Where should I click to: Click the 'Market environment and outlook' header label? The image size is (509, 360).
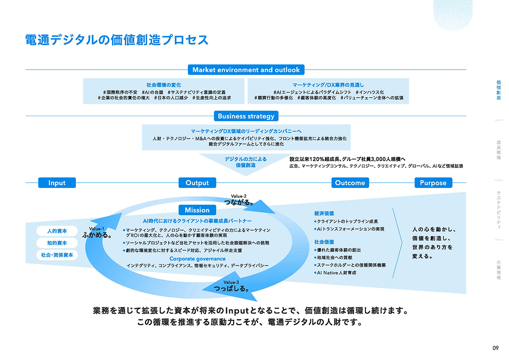point(246,70)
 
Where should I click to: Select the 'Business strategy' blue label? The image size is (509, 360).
point(246,116)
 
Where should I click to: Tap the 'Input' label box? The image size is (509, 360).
point(57,183)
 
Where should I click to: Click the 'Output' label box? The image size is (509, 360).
point(197,183)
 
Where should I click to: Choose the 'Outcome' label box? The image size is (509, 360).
point(350,183)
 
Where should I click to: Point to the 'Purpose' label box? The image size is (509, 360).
point(433,183)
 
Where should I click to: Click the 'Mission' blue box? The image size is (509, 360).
point(197,210)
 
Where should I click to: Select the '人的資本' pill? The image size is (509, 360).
point(57,231)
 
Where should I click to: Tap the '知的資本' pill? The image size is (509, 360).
point(57,243)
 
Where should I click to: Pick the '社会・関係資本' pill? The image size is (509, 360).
point(57,255)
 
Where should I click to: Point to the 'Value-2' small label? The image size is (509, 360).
point(239,196)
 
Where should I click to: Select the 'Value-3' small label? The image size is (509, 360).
point(231,282)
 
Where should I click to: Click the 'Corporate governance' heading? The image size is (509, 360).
point(198,258)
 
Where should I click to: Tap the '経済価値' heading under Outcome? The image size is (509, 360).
point(324,213)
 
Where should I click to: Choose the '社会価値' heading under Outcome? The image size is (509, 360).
point(324,242)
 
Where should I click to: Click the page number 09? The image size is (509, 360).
point(495,348)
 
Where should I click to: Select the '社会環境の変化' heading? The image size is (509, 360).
point(163,85)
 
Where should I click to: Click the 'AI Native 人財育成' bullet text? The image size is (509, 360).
point(337,273)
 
